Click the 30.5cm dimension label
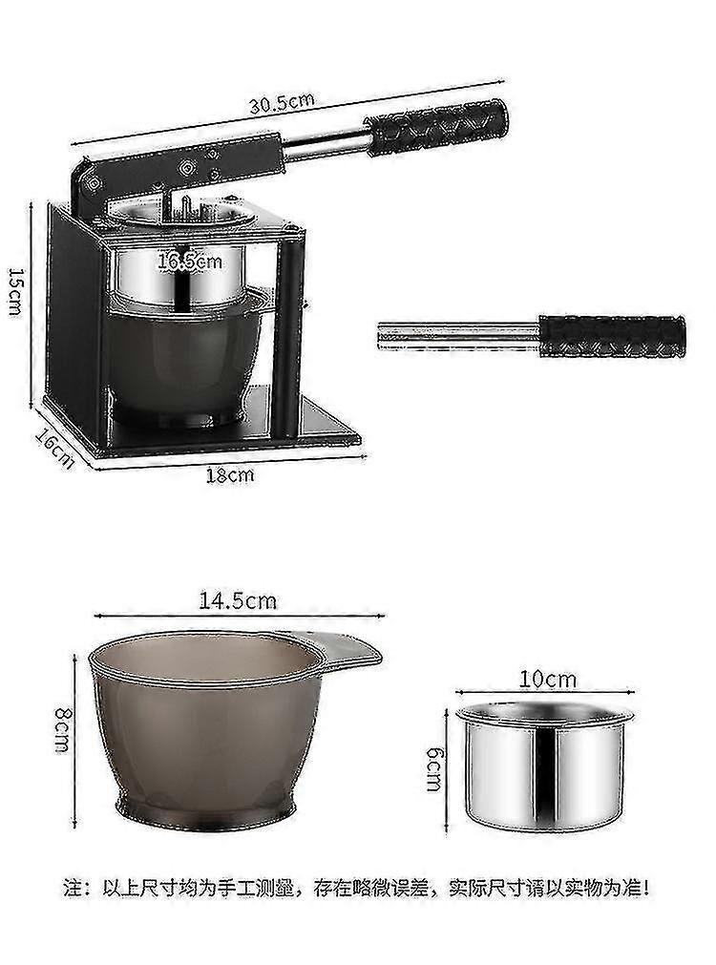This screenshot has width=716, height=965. [x=282, y=103]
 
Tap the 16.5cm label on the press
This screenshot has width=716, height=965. [x=190, y=262]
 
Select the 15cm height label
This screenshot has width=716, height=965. [x=14, y=291]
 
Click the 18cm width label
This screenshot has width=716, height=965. [x=230, y=475]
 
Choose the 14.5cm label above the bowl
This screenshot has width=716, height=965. [x=238, y=600]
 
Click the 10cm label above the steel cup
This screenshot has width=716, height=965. [x=549, y=680]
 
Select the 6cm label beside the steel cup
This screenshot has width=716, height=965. [x=434, y=768]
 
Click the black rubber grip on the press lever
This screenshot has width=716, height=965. [x=438, y=127]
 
